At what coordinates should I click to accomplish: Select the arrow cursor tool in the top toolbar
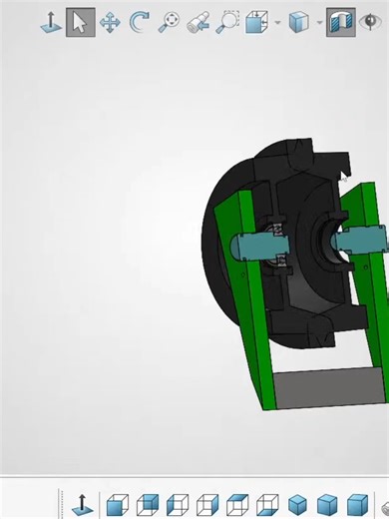coord(80,21)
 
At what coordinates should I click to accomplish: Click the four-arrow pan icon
coord(110,21)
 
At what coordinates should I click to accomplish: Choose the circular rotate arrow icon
coord(140,21)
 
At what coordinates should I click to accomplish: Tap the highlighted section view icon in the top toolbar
coord(340,21)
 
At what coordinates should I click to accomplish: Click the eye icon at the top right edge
coord(376,21)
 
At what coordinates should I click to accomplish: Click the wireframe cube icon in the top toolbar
coord(256,21)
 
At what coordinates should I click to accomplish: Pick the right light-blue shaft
coord(364,241)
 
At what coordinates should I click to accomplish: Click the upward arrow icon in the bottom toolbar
coord(84,505)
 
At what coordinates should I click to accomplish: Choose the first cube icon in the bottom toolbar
coord(118,505)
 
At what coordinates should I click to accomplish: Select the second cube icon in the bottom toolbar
coord(148,505)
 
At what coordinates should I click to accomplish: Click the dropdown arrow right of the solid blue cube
coord(318,22)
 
